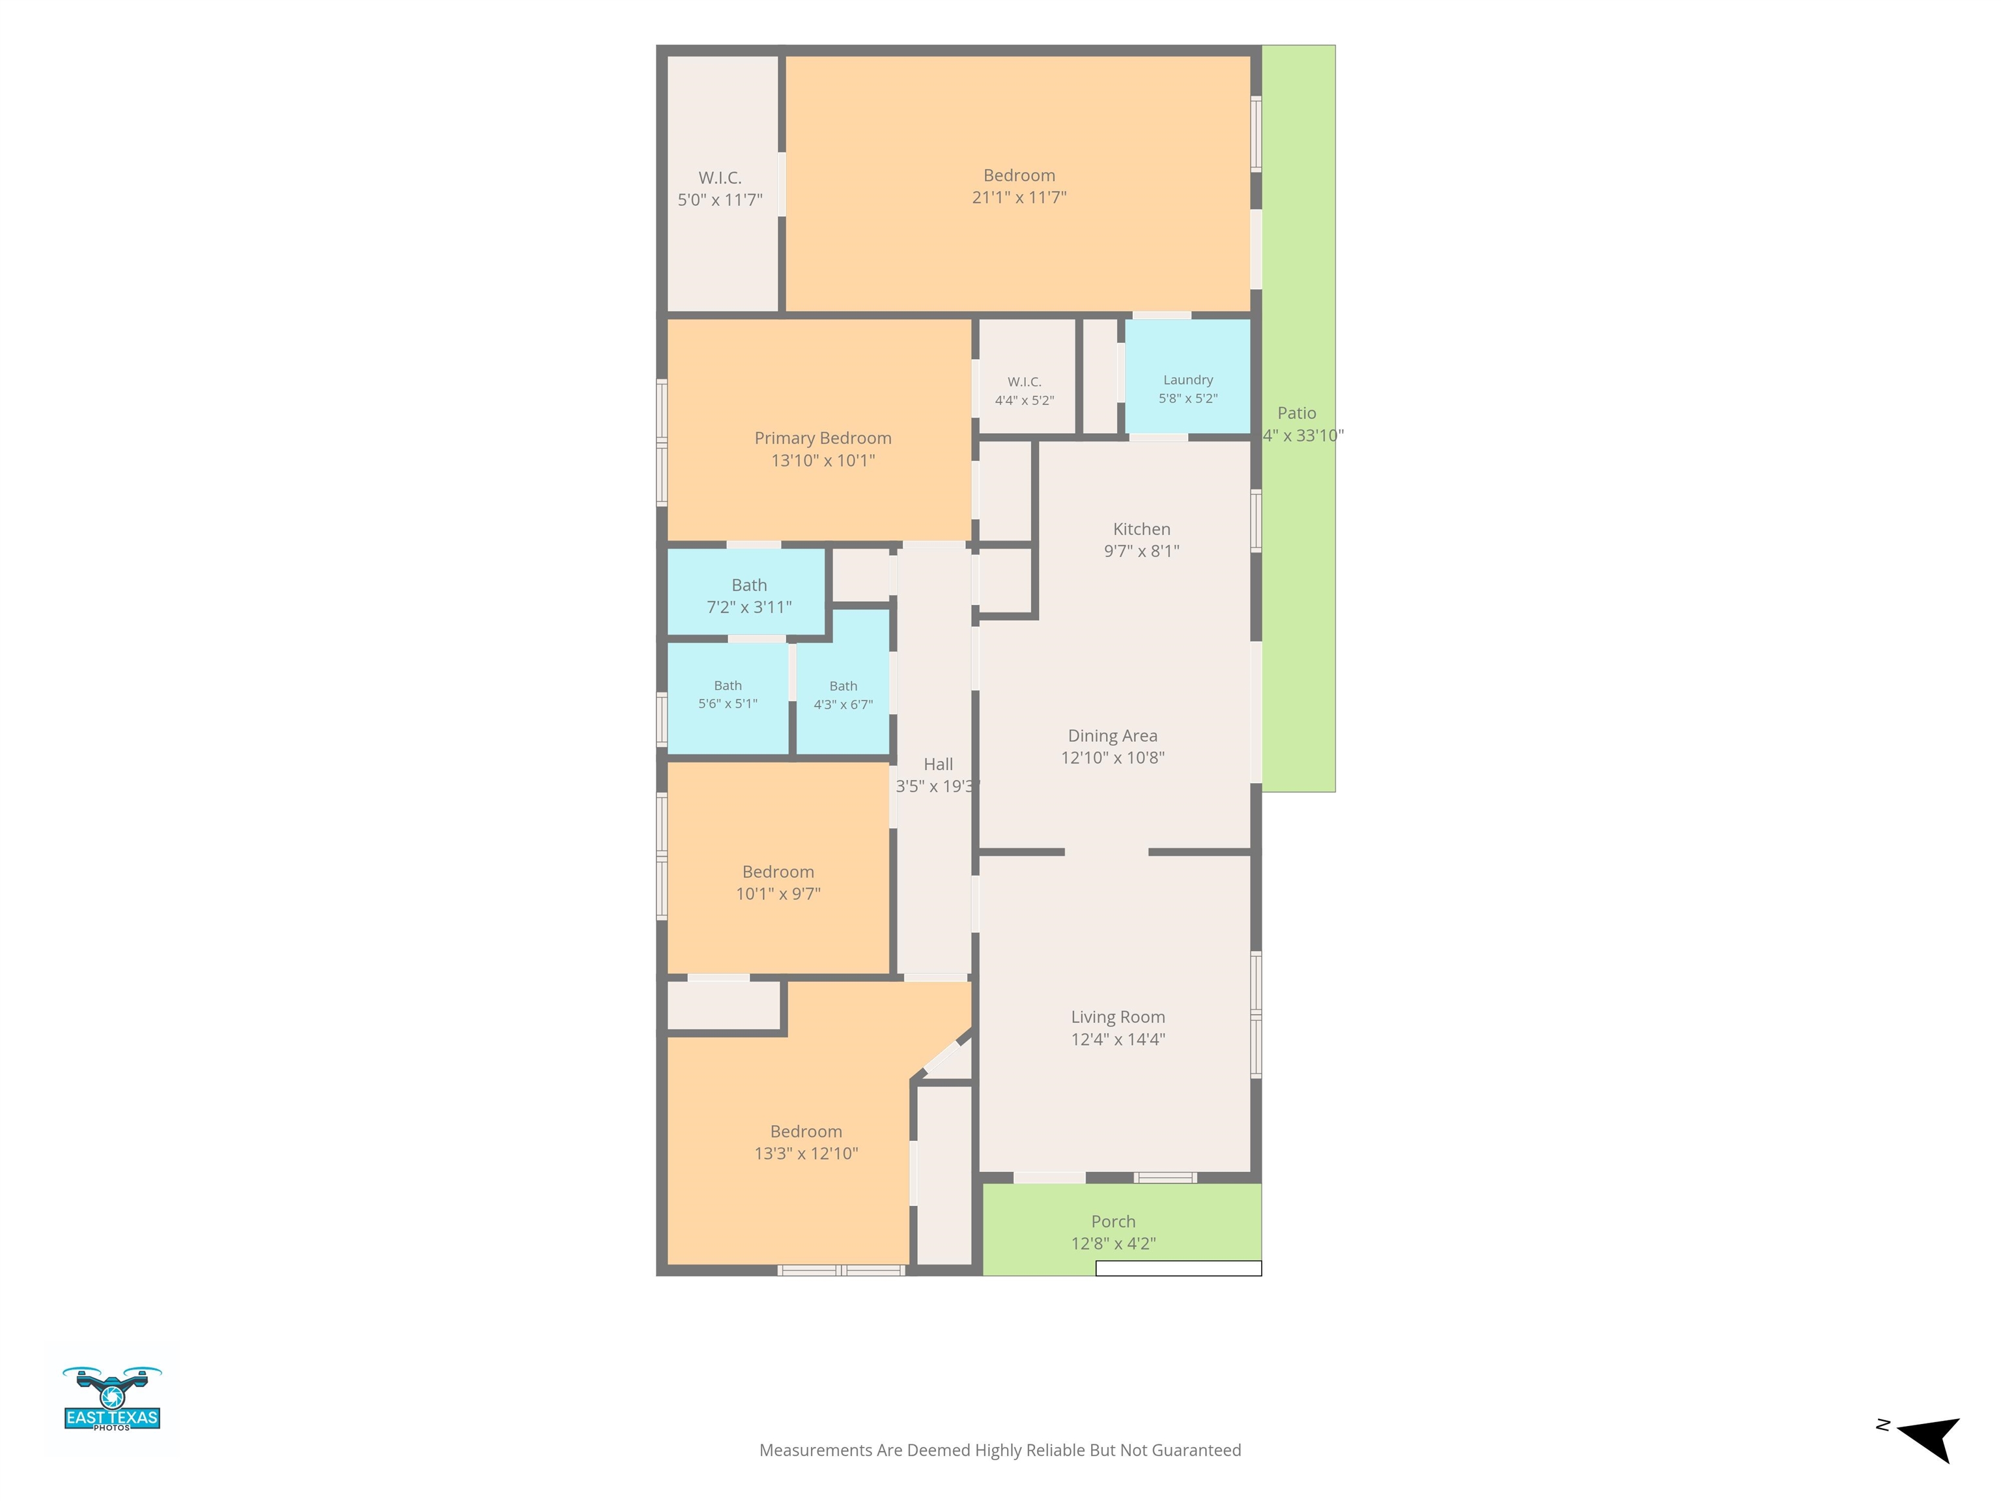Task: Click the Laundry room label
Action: point(1187,380)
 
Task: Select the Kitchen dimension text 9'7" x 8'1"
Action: point(1142,551)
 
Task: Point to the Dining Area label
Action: point(1113,736)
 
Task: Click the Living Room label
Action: point(1118,1017)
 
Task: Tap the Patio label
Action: point(1296,412)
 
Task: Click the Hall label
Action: point(938,765)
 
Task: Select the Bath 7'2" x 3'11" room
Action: point(747,593)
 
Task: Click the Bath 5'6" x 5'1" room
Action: point(728,696)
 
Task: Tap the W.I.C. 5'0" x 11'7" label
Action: point(720,189)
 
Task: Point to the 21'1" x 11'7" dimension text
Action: point(1019,197)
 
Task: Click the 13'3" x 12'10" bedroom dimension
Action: point(806,1154)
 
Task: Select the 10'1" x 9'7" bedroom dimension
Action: point(778,894)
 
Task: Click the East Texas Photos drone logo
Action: point(112,1399)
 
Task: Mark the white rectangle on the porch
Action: point(1179,1268)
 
